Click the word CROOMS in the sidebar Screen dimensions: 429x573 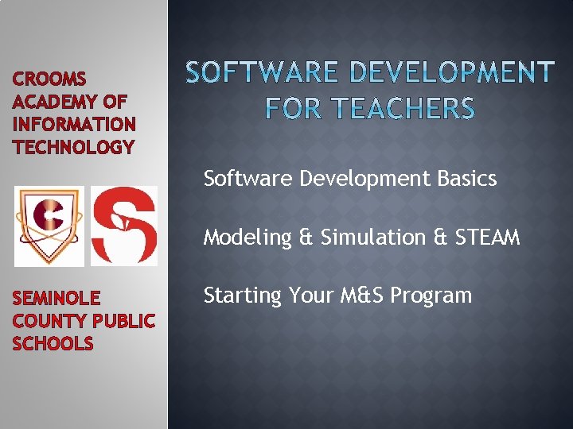coord(49,79)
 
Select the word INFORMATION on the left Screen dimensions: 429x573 coord(74,125)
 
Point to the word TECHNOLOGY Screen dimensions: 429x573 coord(74,148)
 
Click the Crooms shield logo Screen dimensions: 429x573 coord(49,226)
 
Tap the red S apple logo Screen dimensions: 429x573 coord(124,226)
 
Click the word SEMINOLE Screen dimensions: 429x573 coord(57,299)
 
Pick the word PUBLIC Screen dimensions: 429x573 coord(123,321)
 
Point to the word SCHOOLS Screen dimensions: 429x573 coord(53,344)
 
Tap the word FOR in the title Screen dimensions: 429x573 coord(288,108)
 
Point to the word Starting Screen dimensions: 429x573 coord(243,296)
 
